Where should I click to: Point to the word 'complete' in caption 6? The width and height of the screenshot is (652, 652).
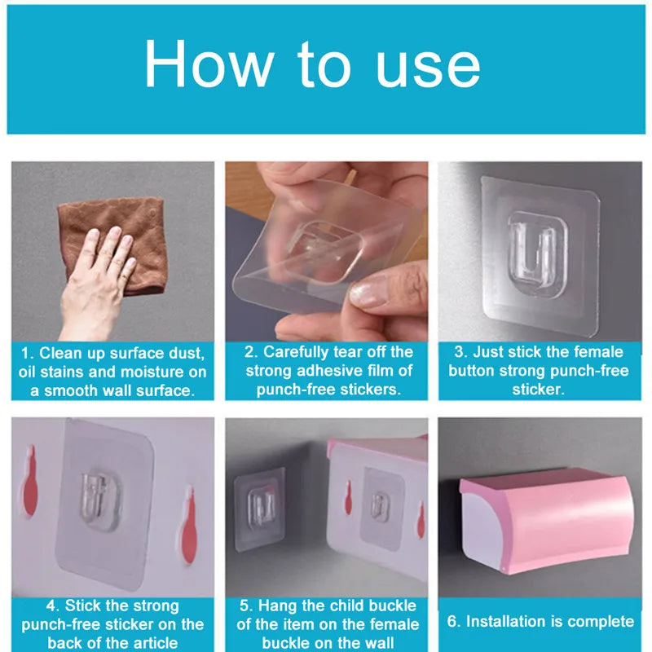point(600,622)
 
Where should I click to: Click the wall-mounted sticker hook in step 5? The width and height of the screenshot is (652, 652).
point(258,497)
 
